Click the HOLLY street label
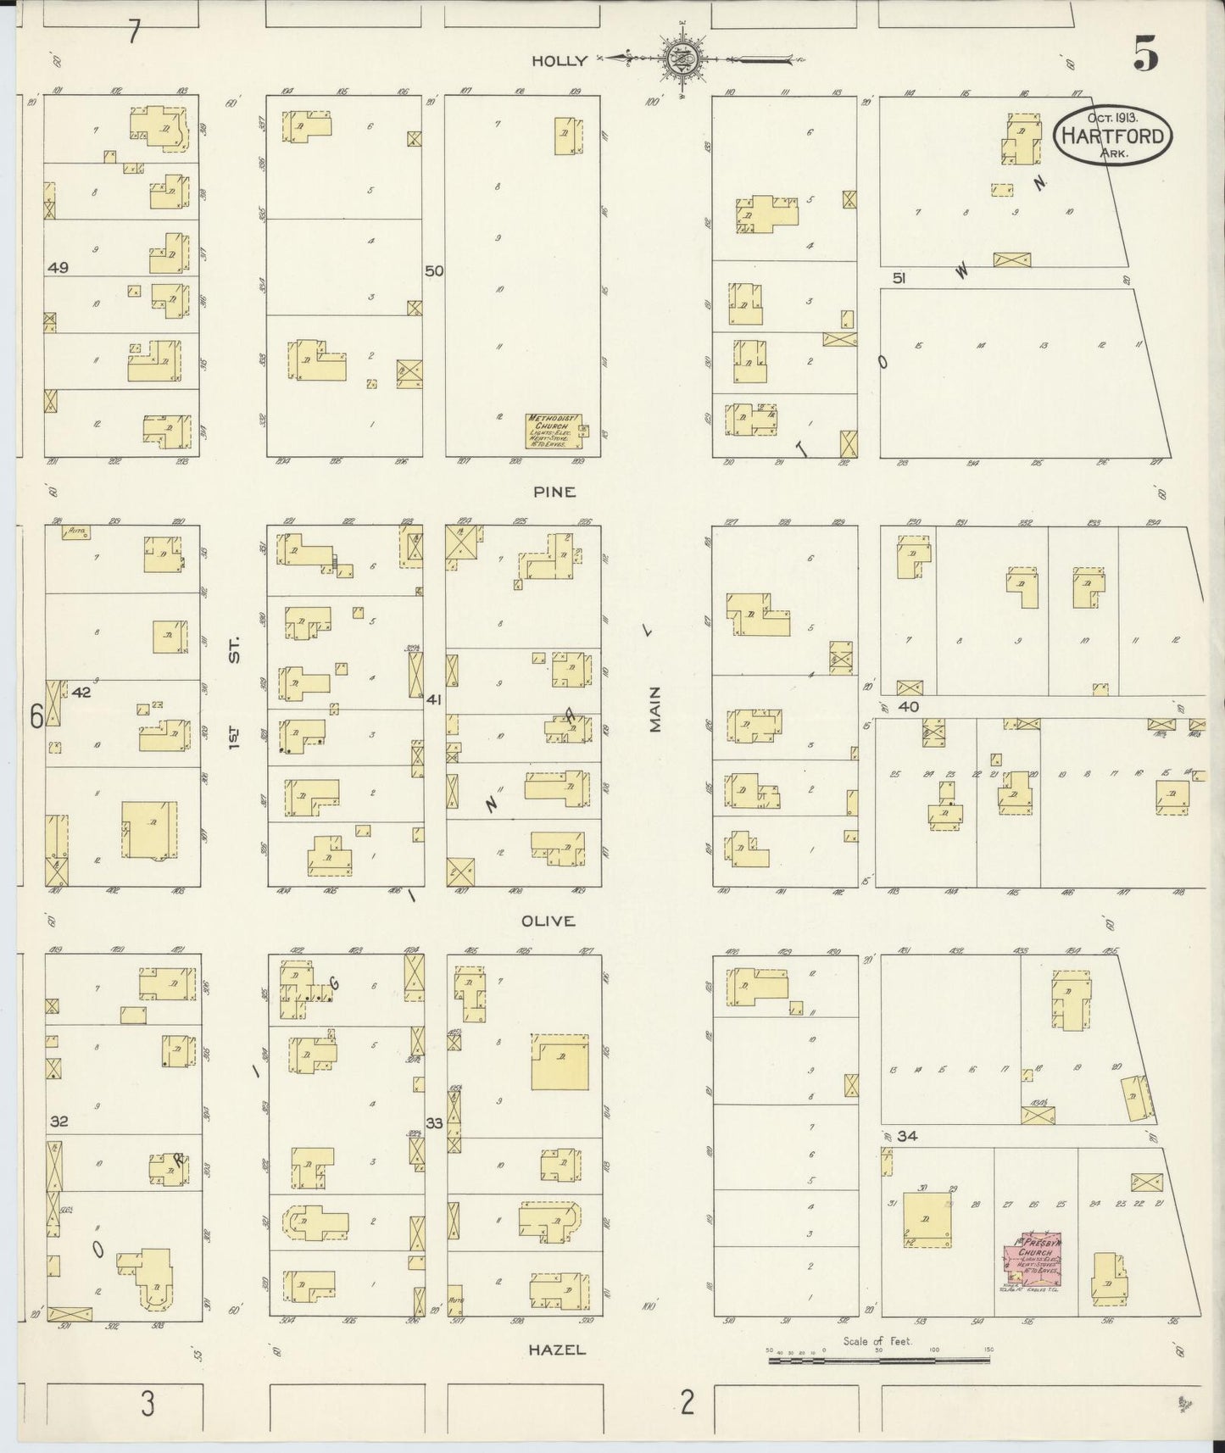559,60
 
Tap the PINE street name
555,492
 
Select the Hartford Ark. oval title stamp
1112,135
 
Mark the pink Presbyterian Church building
1032,1264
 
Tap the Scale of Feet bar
878,1361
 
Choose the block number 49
58,267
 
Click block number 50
434,271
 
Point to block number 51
900,277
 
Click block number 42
81,692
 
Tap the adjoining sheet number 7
133,32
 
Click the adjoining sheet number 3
148,1405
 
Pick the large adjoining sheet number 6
36,717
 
